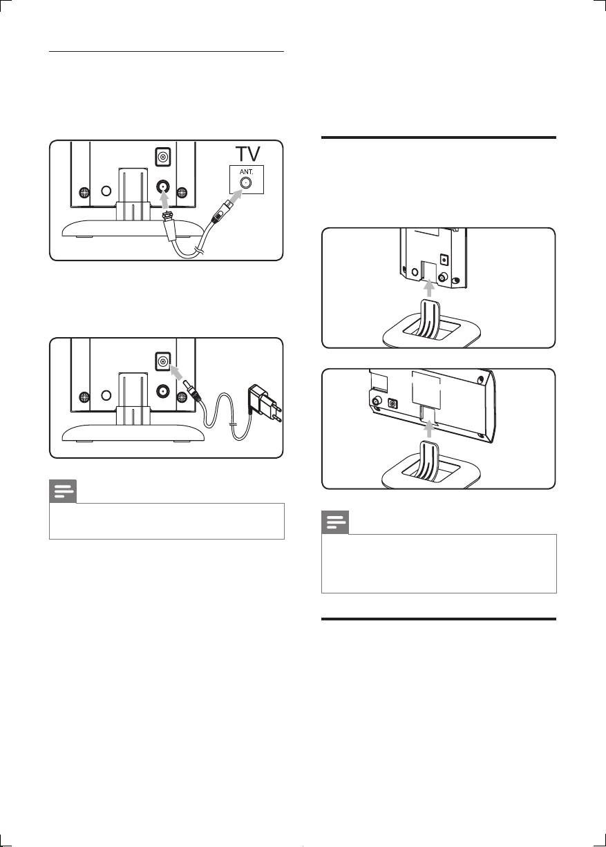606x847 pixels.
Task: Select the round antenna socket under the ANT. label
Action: tap(245, 183)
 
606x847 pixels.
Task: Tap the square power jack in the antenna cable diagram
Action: tap(162, 157)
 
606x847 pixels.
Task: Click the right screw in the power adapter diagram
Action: tap(182, 397)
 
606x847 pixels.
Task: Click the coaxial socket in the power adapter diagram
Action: tap(163, 388)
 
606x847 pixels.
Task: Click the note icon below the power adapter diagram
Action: tap(63, 492)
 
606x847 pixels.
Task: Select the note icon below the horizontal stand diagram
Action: tap(335, 523)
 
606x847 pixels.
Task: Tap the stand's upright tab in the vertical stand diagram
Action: tap(428, 314)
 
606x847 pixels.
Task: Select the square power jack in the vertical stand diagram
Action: tap(444, 261)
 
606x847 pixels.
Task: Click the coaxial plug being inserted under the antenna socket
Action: tap(166, 216)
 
